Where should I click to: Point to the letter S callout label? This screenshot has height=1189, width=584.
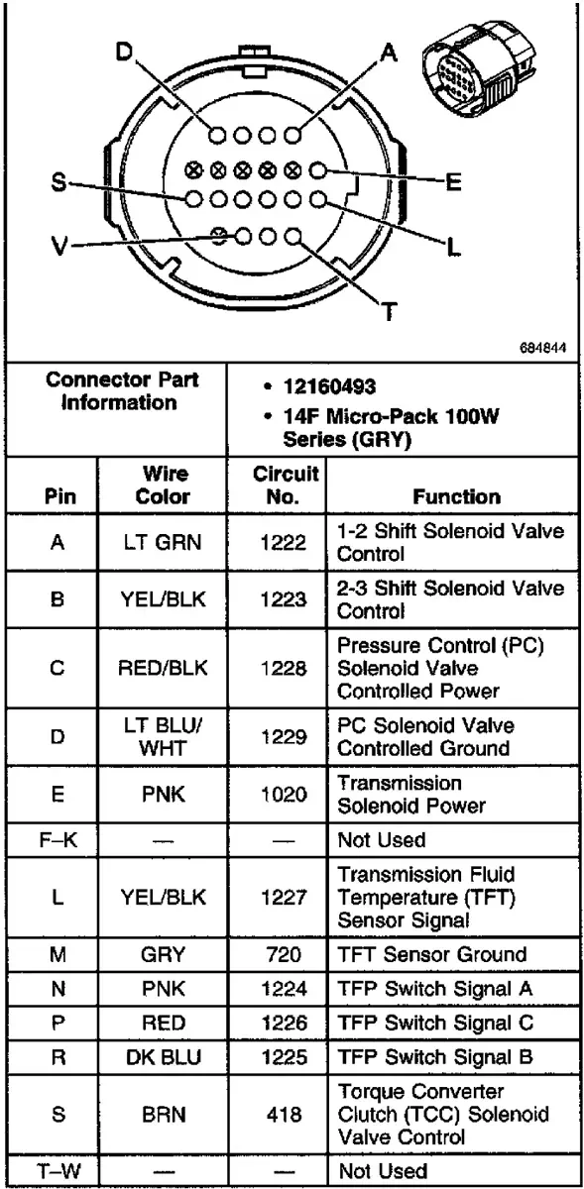[x=58, y=183]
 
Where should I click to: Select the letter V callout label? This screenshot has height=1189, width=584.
[x=60, y=247]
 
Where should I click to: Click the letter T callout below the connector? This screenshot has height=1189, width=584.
[x=390, y=314]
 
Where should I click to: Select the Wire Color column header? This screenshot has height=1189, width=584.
[x=163, y=486]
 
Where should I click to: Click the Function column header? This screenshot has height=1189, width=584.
[x=457, y=496]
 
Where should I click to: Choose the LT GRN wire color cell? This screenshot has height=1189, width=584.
[x=163, y=544]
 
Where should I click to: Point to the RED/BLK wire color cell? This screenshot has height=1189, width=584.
[x=163, y=667]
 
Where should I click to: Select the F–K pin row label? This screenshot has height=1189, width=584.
[x=58, y=839]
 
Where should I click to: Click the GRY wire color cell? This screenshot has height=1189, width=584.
[x=163, y=954]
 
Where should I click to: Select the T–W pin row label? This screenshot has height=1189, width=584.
[x=58, y=1170]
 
